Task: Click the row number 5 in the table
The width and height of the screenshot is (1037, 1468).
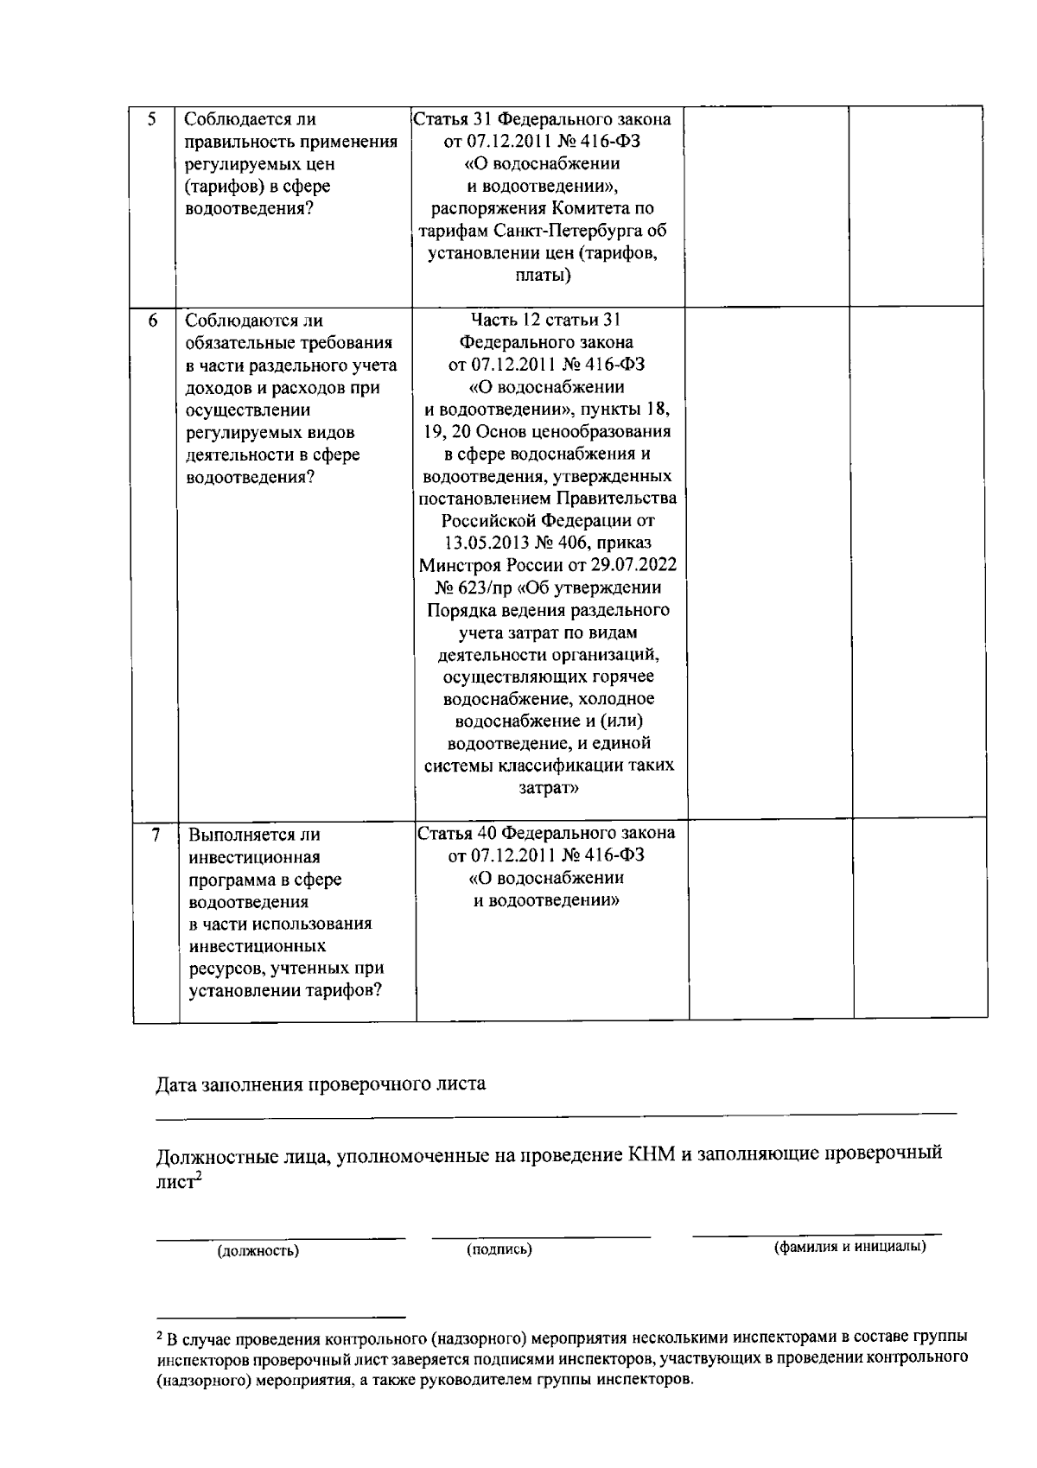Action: tap(152, 120)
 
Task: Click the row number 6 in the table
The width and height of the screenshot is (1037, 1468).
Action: tap(153, 321)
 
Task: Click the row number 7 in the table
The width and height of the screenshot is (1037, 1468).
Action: tap(156, 835)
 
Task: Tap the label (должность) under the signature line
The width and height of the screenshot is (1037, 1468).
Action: tap(258, 1250)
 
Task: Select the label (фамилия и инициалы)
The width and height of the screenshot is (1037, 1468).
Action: tap(849, 1247)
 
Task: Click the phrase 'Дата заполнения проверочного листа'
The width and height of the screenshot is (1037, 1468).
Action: tap(321, 1084)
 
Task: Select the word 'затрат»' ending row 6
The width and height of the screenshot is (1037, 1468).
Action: tap(549, 788)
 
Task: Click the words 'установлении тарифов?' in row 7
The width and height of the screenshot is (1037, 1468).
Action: tap(286, 990)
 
